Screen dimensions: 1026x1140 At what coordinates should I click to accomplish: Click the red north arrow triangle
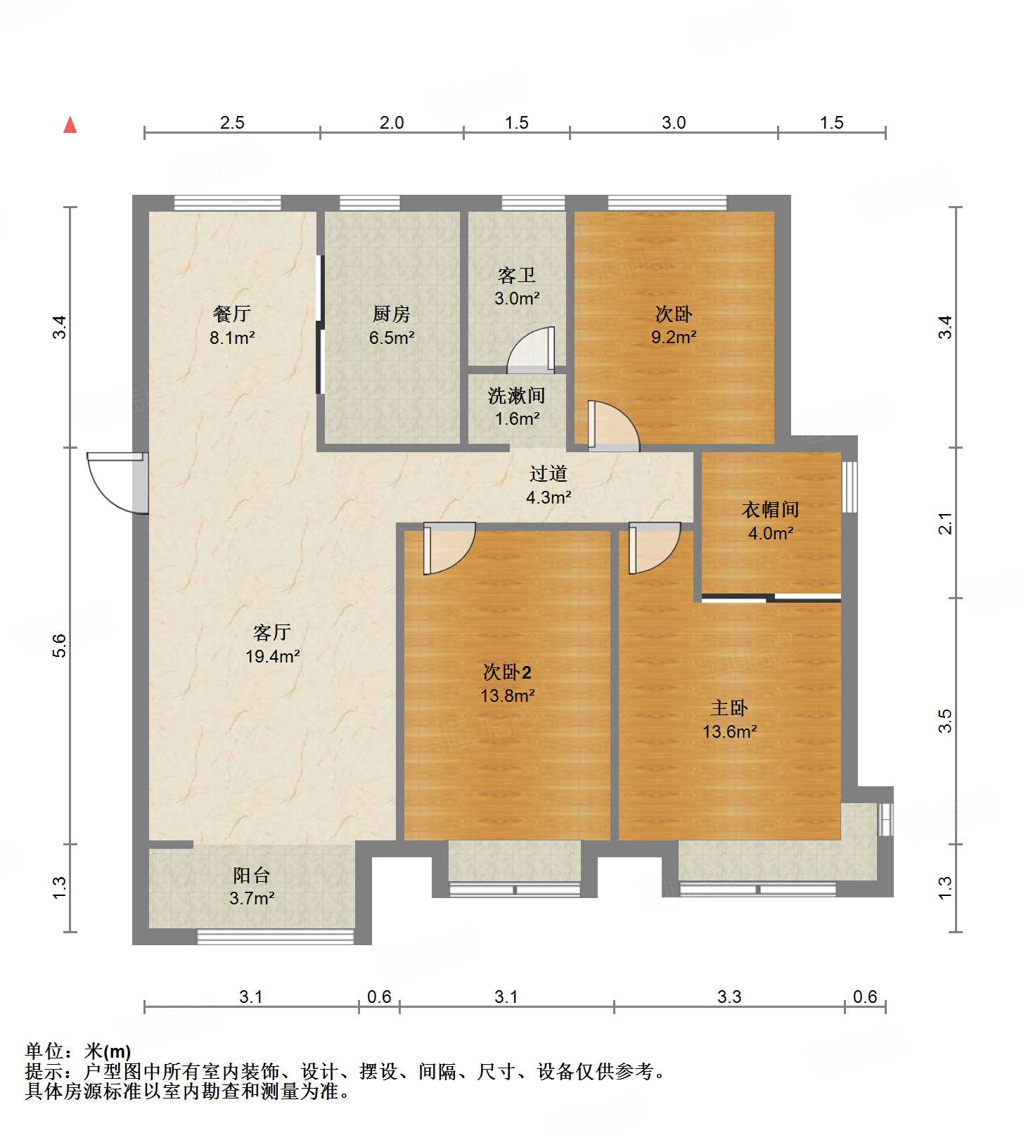(x=70, y=124)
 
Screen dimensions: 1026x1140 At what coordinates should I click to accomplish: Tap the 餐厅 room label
(x=232, y=314)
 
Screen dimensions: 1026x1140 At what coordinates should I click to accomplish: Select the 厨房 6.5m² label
(x=392, y=326)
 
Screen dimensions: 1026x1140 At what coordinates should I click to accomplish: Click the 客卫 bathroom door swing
(x=531, y=350)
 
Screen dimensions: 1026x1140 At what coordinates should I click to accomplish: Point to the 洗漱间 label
(x=517, y=396)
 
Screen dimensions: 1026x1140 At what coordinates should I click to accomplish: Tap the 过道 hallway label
(x=549, y=474)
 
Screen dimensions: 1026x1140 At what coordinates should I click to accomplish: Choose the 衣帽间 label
(x=771, y=509)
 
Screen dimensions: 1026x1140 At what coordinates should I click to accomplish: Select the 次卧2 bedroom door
(x=449, y=549)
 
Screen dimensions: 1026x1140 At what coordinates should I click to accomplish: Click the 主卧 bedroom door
(x=655, y=549)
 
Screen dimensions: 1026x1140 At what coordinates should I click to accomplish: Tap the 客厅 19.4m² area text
(x=273, y=657)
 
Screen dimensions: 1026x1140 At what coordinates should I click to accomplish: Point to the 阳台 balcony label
(x=252, y=876)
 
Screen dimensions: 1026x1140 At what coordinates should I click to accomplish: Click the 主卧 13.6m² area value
(x=730, y=732)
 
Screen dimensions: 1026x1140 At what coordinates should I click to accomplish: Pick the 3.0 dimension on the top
(x=674, y=123)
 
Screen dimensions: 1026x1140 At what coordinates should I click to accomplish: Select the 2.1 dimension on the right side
(x=946, y=523)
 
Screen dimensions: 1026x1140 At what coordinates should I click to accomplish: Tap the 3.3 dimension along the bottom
(x=729, y=997)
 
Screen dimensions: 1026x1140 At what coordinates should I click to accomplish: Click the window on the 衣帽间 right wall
(x=850, y=487)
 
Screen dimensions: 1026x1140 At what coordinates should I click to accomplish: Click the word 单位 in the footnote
(x=44, y=1051)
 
